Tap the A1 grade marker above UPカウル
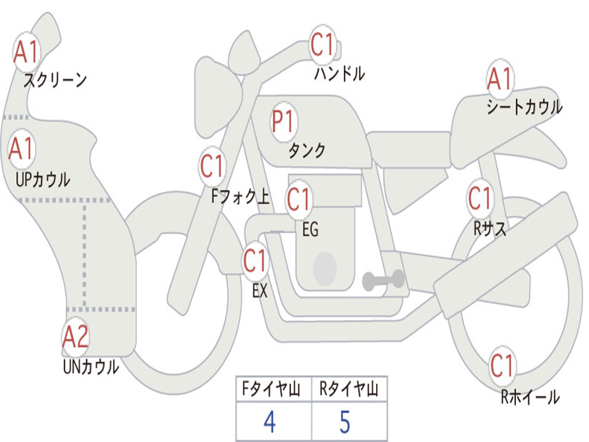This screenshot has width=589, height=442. click(x=22, y=148)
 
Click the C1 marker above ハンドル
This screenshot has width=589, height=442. click(x=323, y=45)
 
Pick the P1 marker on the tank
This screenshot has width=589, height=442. click(x=283, y=121)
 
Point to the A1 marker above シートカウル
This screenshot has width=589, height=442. click(x=499, y=79)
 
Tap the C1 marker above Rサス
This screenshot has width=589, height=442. click(x=479, y=199)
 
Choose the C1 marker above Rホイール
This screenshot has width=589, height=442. click(x=502, y=365)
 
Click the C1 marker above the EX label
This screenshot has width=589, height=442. click(x=255, y=261)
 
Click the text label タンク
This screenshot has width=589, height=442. click(x=307, y=151)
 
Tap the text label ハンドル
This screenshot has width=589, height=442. click(x=339, y=74)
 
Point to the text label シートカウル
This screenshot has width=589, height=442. click(x=524, y=107)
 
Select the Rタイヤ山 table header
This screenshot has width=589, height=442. click(x=349, y=390)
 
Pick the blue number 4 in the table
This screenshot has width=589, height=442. click(x=269, y=422)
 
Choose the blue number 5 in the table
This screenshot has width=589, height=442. click(x=345, y=422)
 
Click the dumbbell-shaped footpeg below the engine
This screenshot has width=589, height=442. click(x=383, y=280)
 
